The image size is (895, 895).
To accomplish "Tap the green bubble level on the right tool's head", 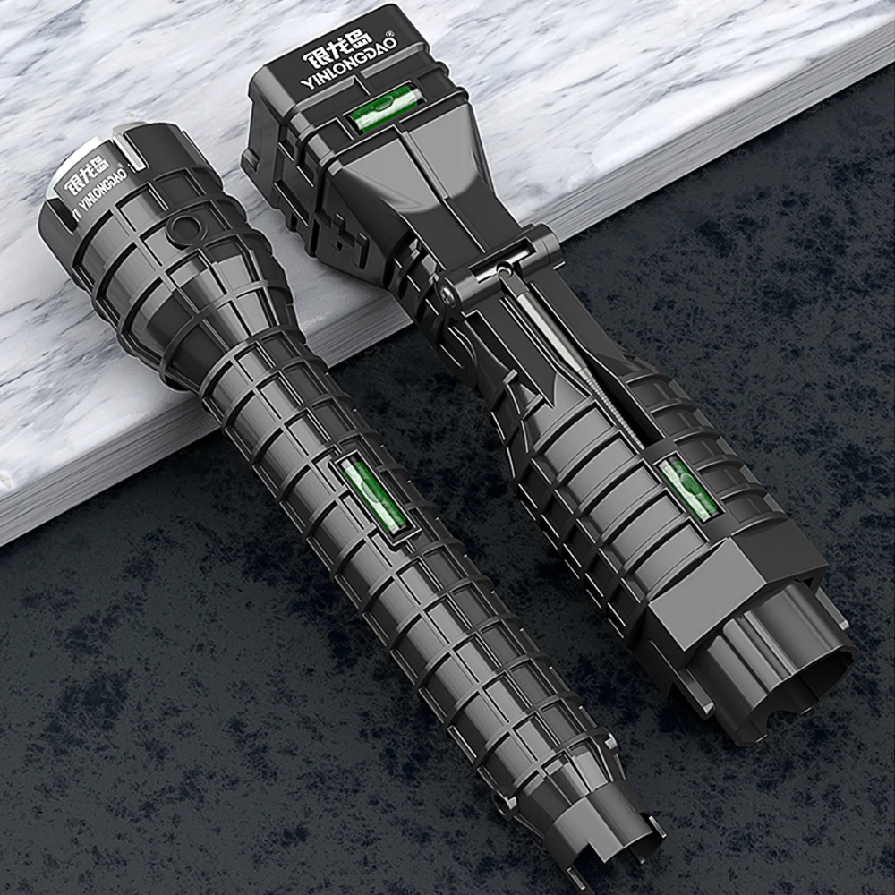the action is point(380,106).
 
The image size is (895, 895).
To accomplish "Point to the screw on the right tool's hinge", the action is point(448,294).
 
